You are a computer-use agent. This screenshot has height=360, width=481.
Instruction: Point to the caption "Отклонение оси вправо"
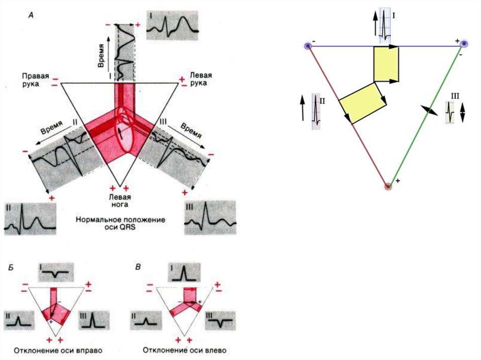click(x=58, y=350)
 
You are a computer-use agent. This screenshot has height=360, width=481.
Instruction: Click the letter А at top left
click(x=31, y=15)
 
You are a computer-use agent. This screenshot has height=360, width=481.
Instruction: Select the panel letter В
click(x=137, y=268)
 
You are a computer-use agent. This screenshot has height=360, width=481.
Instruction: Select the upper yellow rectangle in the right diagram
click(x=386, y=64)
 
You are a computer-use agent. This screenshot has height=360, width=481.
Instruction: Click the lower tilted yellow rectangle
click(x=362, y=101)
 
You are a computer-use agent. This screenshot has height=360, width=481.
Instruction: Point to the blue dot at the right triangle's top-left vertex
click(x=308, y=46)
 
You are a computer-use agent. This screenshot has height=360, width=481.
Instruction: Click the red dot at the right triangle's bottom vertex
click(x=388, y=186)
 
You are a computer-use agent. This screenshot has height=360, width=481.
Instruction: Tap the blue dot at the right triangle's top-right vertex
click(x=464, y=44)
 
